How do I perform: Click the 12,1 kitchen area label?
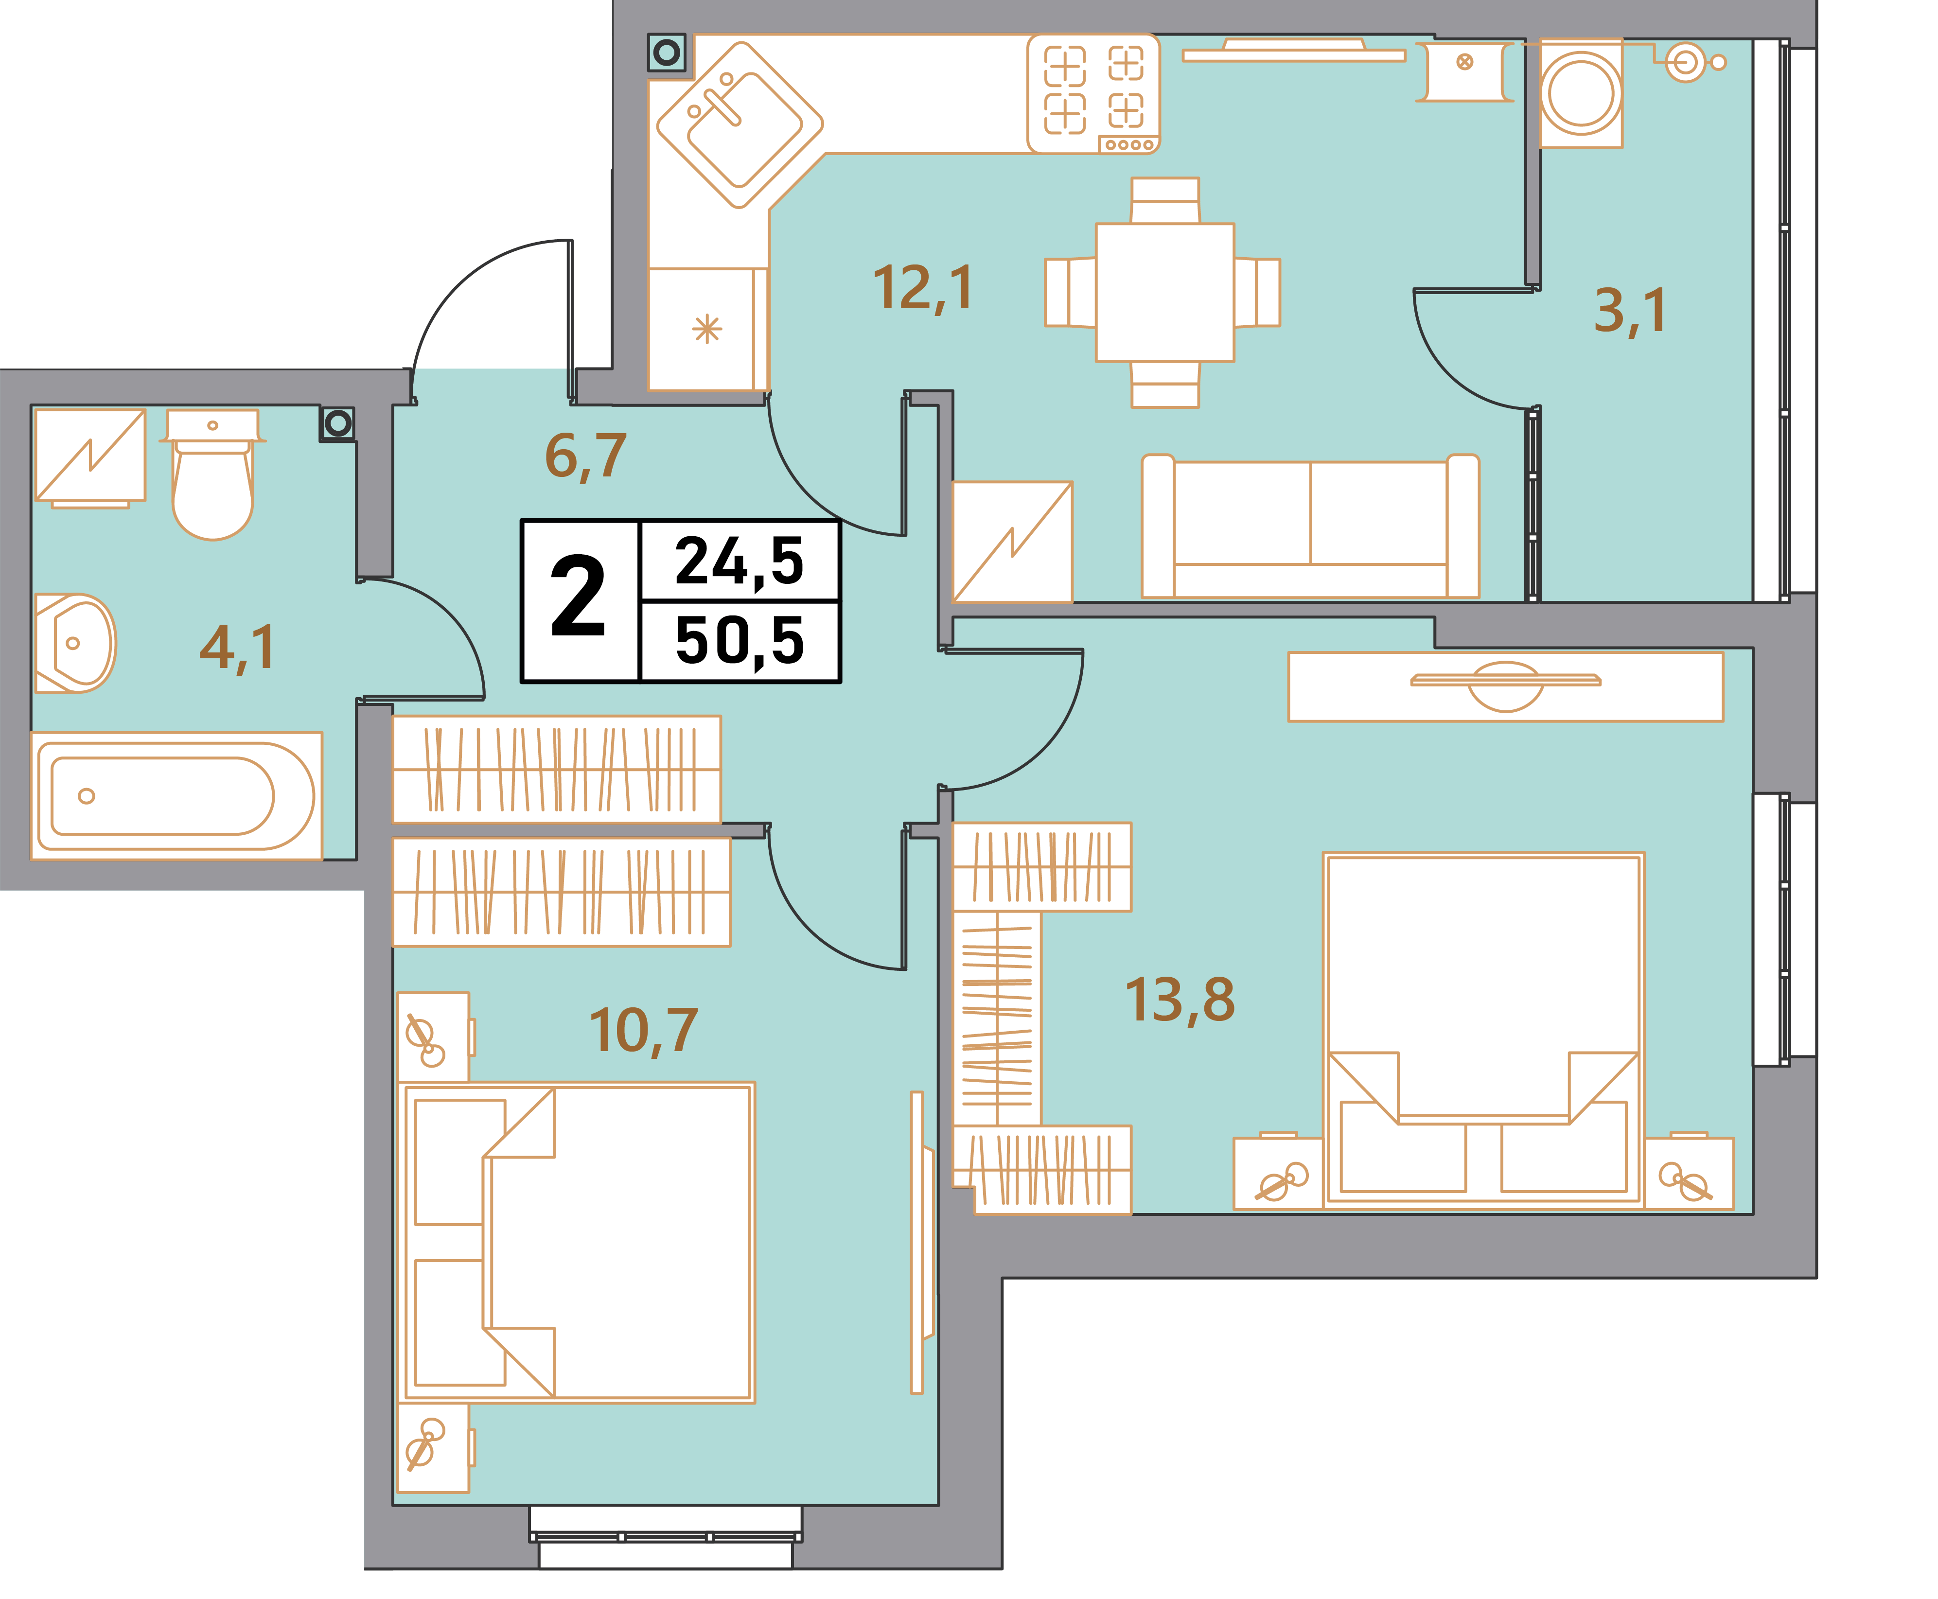922,288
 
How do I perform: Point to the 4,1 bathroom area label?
237,648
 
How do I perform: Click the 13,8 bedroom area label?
1180,1000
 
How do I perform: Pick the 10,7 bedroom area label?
643,1031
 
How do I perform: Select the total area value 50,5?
740,641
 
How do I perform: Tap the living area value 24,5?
740,562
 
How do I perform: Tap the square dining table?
1164,292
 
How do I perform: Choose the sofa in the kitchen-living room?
1310,526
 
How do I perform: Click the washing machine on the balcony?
1581,93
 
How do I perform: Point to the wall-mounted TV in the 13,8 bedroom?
1506,682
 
